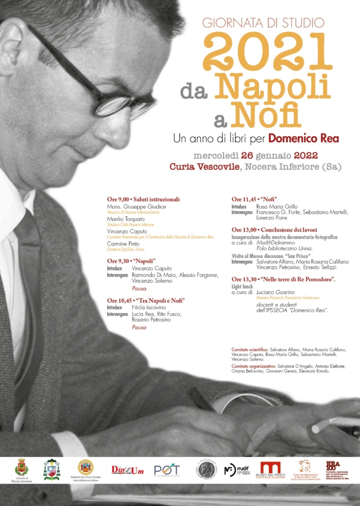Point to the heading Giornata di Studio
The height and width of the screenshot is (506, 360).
263,22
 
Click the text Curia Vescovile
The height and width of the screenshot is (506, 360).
203,167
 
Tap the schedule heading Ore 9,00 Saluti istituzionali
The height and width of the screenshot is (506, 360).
143,199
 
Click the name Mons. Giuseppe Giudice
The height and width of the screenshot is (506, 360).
136,206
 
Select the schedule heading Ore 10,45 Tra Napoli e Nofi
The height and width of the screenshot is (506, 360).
146,300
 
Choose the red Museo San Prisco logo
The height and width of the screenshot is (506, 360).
270,468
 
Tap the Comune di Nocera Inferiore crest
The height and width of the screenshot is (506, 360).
21,467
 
